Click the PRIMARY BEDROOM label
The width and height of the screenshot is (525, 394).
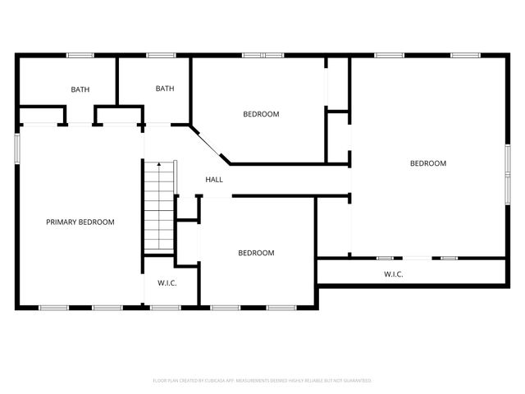(x=80, y=222)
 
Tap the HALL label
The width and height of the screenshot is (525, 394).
(x=214, y=180)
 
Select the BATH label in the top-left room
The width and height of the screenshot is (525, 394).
(x=80, y=89)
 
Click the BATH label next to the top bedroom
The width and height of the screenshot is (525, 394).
(x=165, y=89)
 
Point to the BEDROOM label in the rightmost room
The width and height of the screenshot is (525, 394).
(x=428, y=163)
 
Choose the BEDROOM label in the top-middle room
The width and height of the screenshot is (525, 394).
(x=261, y=114)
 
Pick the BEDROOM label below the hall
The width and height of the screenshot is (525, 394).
(x=256, y=253)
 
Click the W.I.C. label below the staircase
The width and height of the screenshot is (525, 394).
(x=167, y=282)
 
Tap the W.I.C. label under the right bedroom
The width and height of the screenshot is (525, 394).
(x=394, y=273)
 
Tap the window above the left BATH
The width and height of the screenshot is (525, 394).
(x=80, y=55)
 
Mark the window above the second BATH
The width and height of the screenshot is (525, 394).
(x=160, y=55)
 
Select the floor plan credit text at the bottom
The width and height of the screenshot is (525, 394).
(x=262, y=381)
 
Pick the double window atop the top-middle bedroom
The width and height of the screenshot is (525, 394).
(x=262, y=55)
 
